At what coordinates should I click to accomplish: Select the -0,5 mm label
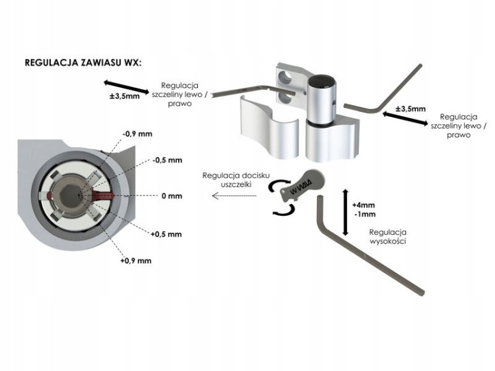point(167,160)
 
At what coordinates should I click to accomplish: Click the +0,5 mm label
point(167,234)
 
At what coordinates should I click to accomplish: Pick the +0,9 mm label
point(136,261)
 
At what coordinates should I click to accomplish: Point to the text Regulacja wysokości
point(388,237)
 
